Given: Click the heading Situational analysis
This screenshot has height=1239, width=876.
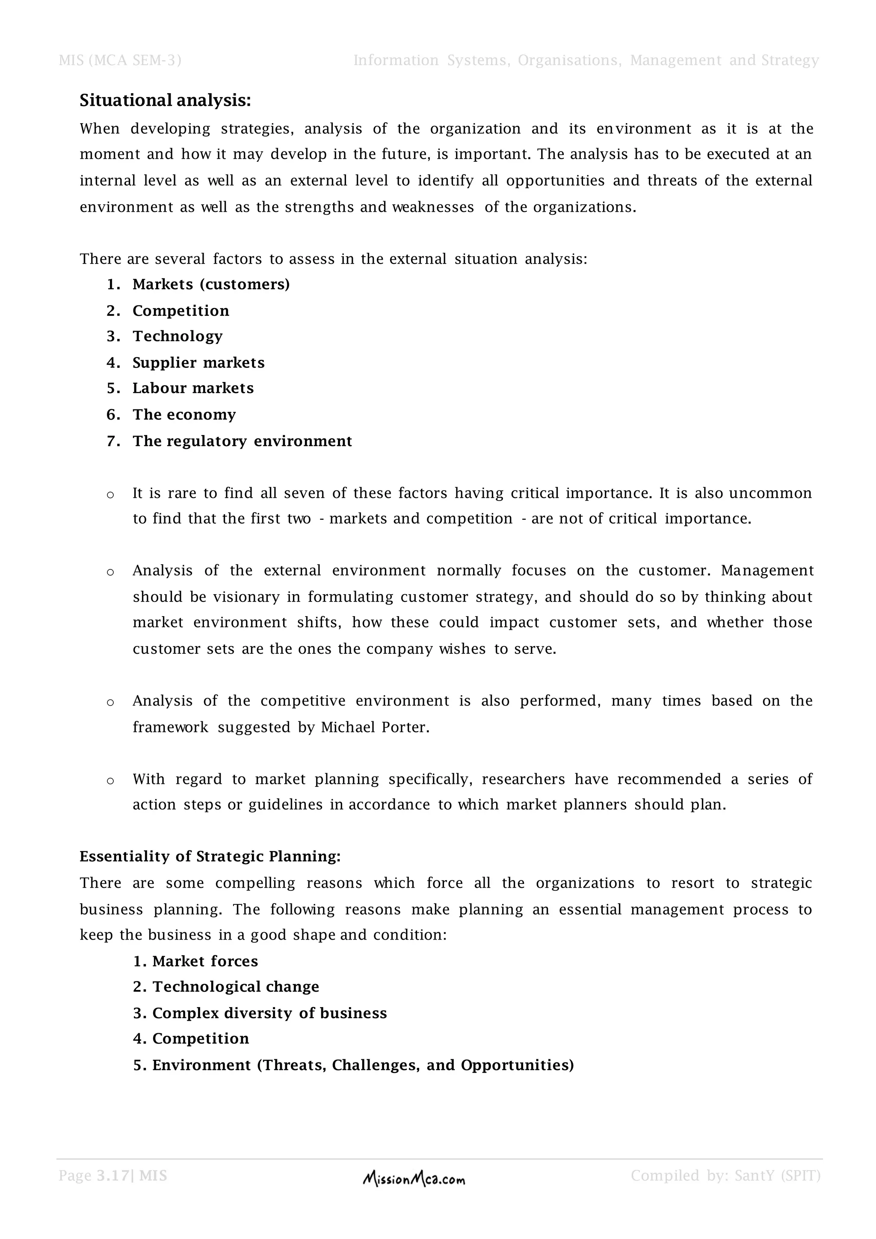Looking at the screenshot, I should point(165,101).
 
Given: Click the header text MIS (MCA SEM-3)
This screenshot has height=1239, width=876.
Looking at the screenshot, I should point(120,60).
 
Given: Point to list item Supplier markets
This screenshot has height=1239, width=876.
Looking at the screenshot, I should point(198,363).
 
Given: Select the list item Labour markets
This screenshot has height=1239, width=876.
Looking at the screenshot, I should point(192,388).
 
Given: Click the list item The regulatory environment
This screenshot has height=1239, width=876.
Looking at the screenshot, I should point(242,442).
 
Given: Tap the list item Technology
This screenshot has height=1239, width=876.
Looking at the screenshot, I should point(178,336).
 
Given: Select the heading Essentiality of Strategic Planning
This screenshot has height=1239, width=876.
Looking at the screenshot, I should point(210,857).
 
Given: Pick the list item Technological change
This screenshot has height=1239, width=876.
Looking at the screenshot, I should point(235,987).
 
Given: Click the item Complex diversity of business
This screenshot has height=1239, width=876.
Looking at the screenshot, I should point(269,1014).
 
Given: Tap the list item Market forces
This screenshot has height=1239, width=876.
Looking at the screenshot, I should point(205,961).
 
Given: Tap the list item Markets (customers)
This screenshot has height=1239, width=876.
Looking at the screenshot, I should point(211,285).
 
